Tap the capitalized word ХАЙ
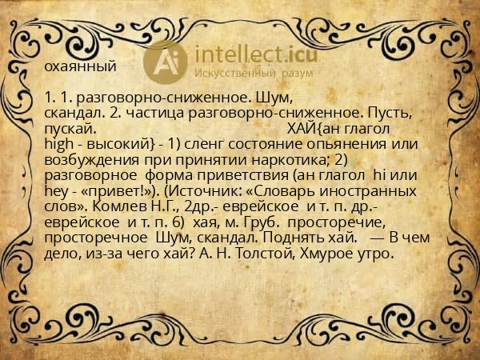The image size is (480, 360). point(300,128)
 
